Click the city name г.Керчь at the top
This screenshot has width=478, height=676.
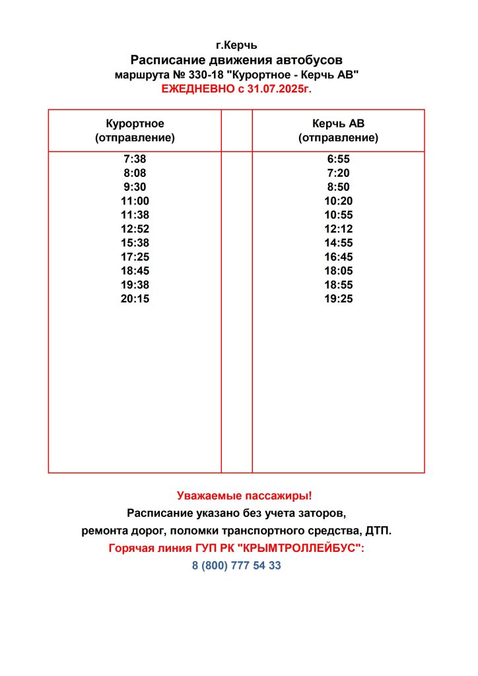pyautogui.click(x=236, y=46)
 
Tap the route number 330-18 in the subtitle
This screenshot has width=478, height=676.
pyautogui.click(x=205, y=75)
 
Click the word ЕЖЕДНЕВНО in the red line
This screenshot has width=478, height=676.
pyautogui.click(x=193, y=88)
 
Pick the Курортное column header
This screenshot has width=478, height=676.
pyautogui.click(x=135, y=123)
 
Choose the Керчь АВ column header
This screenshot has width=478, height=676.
pyautogui.click(x=338, y=123)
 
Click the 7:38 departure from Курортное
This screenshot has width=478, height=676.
pyautogui.click(x=135, y=159)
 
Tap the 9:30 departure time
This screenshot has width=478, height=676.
pyautogui.click(x=135, y=187)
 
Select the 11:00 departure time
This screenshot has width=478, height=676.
pyautogui.click(x=135, y=201)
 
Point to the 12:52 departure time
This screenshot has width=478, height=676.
pyautogui.click(x=135, y=229)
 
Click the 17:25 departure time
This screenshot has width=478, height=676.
pyautogui.click(x=135, y=257)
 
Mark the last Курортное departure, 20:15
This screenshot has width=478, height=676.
pyautogui.click(x=135, y=299)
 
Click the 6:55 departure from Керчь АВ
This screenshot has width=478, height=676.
pyautogui.click(x=338, y=159)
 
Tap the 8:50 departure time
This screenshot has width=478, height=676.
pyautogui.click(x=338, y=187)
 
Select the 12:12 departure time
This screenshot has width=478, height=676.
pyautogui.click(x=338, y=229)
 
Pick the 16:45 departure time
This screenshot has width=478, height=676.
pyautogui.click(x=338, y=257)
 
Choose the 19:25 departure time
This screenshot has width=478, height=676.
pyautogui.click(x=338, y=299)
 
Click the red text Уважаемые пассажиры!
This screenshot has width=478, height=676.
pyautogui.click(x=236, y=495)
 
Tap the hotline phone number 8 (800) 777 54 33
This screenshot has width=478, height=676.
pyautogui.click(x=236, y=566)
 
